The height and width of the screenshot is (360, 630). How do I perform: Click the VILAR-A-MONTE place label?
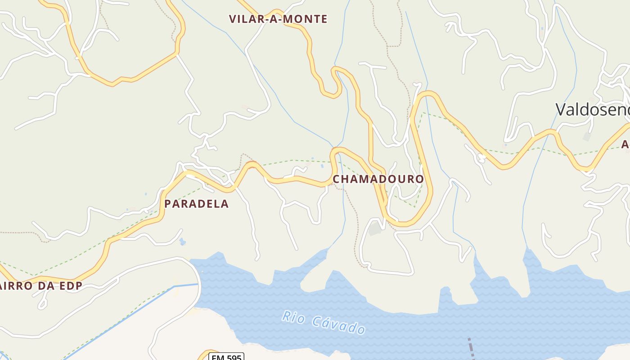(x=278, y=19)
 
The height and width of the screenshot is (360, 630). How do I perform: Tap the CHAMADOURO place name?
(x=378, y=179)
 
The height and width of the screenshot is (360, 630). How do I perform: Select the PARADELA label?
(x=196, y=204)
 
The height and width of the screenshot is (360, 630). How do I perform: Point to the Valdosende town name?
(x=592, y=109)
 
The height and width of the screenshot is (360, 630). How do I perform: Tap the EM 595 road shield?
(x=226, y=357)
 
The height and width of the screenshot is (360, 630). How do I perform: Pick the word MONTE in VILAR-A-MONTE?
(x=307, y=19)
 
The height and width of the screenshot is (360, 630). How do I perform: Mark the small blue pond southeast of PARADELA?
(x=182, y=242)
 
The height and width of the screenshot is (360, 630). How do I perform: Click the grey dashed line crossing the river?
(x=471, y=348)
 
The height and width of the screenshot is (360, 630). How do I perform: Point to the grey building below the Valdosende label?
(x=587, y=136)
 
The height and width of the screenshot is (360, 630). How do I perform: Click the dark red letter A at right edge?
(x=625, y=144)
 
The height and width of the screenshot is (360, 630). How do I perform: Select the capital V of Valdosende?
(x=561, y=109)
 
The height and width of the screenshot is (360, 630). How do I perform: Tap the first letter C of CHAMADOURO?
(x=336, y=179)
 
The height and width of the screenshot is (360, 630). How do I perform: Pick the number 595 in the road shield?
(x=233, y=357)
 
